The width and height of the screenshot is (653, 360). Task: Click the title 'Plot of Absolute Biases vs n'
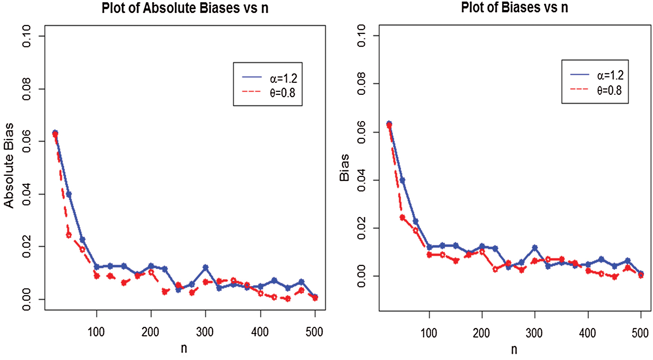[185, 8]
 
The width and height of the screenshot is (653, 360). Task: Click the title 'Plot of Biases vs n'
[514, 7]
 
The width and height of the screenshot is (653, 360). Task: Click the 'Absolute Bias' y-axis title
[9, 165]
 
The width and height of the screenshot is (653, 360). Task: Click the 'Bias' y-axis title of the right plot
[344, 168]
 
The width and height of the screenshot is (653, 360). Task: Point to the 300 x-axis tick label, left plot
[205, 332]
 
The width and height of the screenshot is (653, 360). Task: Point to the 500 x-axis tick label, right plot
[640, 333]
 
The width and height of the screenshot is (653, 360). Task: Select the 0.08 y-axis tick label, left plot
[27, 89]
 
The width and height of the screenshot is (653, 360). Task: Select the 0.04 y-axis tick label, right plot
[362, 180]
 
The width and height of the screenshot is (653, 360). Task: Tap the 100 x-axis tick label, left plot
[96, 332]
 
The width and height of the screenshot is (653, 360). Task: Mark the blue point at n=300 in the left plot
[205, 267]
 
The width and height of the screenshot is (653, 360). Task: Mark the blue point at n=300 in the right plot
[535, 248]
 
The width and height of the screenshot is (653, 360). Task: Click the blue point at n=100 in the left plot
[97, 267]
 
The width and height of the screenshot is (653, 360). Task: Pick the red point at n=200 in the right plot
[482, 252]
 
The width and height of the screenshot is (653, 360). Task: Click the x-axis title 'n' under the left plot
[184, 348]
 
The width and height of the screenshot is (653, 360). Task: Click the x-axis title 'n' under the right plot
[514, 350]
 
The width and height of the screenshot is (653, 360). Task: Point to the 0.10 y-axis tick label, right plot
[362, 36]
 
